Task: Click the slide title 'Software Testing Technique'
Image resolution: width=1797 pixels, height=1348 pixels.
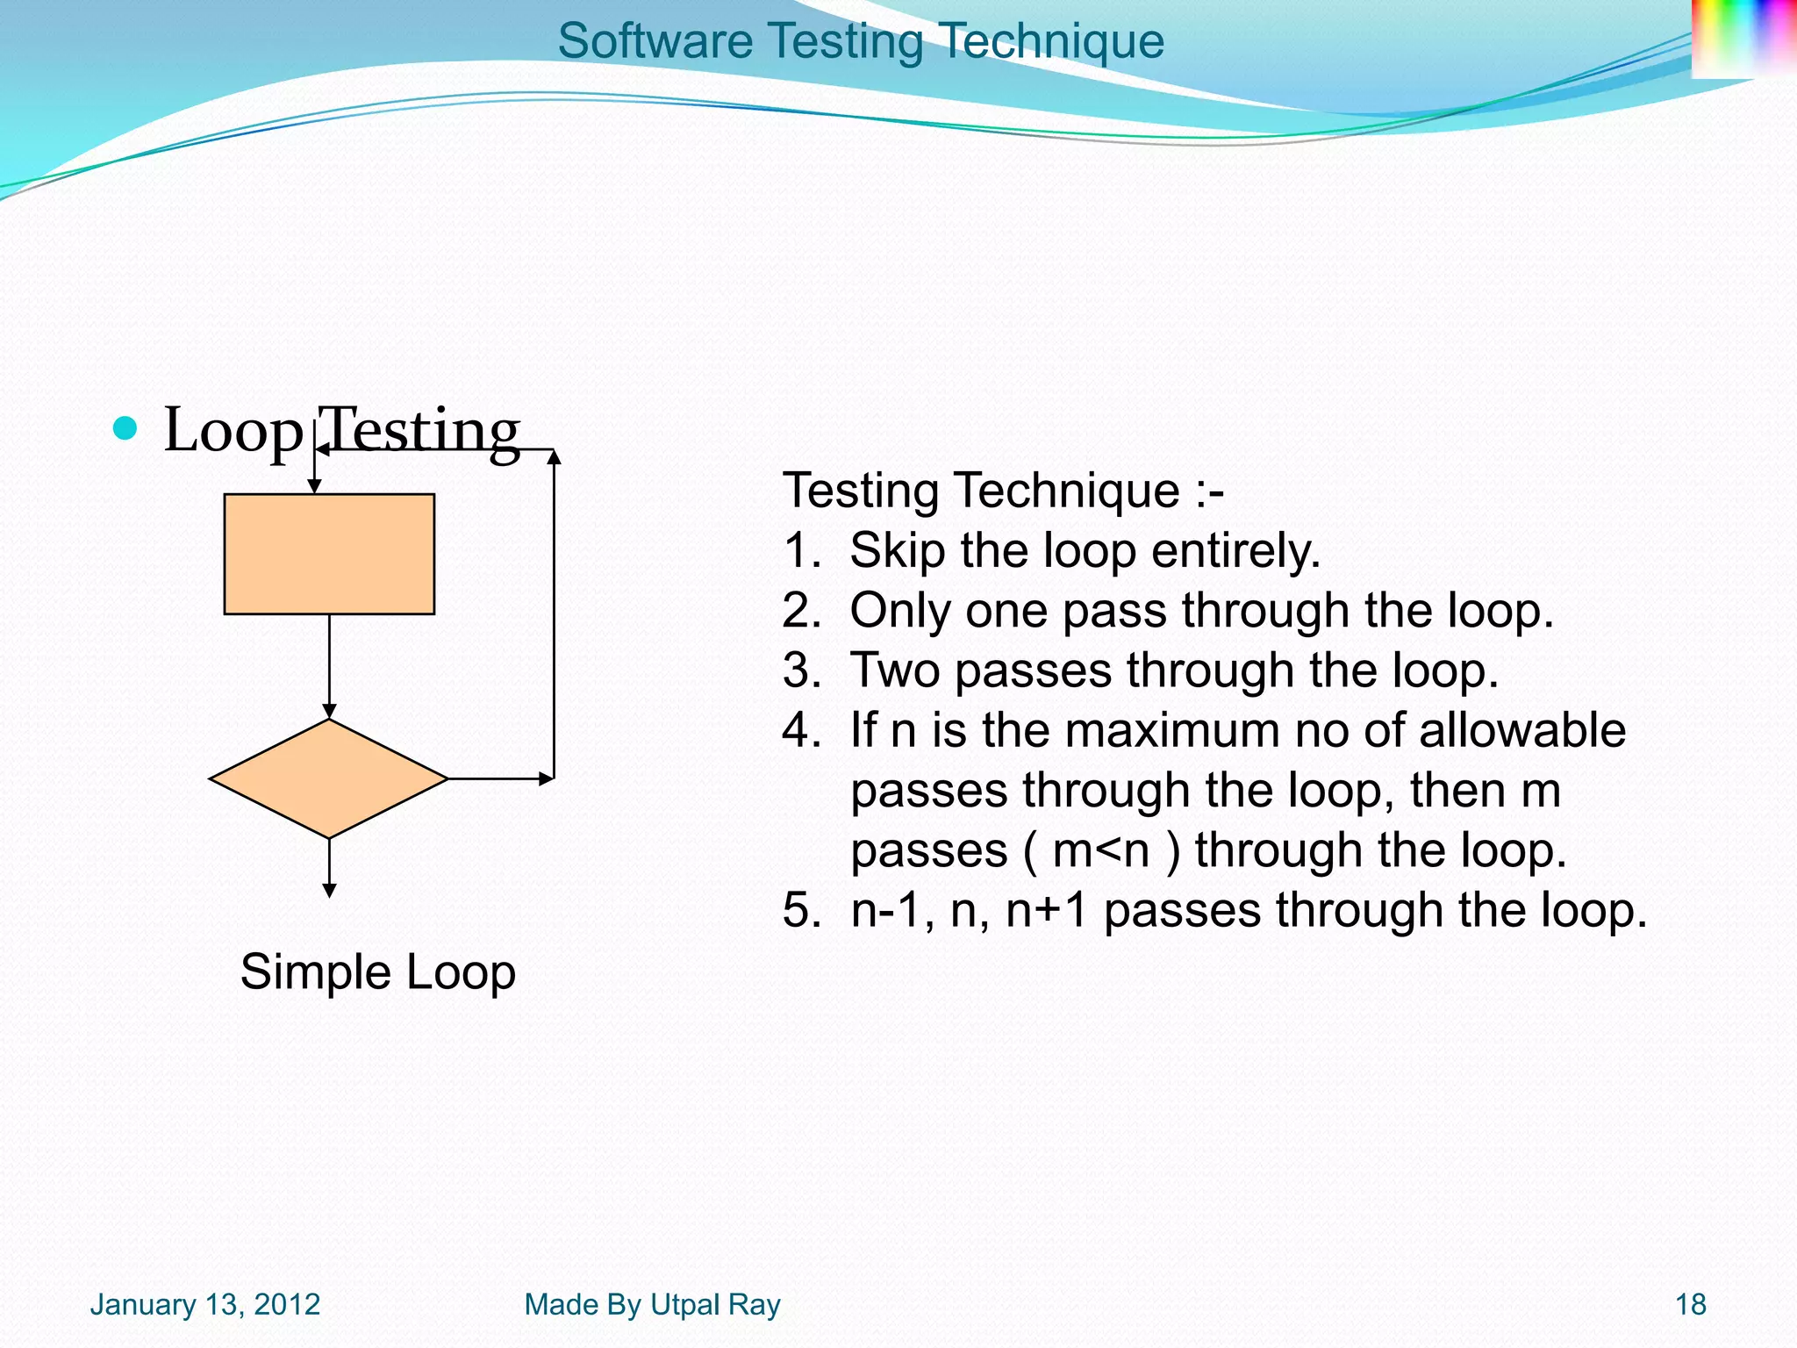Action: click(x=860, y=41)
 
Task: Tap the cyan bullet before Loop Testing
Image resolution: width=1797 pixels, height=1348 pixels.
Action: click(x=125, y=429)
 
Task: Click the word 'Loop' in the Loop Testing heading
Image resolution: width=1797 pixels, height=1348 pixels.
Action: click(x=233, y=431)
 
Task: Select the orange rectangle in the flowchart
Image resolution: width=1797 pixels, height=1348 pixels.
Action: click(x=329, y=554)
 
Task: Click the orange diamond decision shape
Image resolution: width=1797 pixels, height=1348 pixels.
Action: click(x=329, y=778)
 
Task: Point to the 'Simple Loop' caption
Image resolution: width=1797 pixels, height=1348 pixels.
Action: click(x=377, y=972)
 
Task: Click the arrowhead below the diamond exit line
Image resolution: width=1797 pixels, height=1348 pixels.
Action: click(x=329, y=890)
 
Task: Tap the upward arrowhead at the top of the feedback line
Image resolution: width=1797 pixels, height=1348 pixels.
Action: click(x=554, y=456)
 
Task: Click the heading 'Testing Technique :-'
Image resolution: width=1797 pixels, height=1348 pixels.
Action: click(x=1003, y=491)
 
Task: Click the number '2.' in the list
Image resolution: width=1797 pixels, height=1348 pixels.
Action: click(x=801, y=611)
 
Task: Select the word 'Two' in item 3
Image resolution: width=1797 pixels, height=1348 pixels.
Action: click(x=894, y=670)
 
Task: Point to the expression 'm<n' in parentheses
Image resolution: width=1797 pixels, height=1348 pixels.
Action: click(x=1100, y=850)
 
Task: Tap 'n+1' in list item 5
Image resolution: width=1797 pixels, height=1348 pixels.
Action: click(x=1046, y=910)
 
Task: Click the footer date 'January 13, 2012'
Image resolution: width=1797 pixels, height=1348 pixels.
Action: click(x=205, y=1305)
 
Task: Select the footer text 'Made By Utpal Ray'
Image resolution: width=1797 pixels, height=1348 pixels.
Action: click(x=652, y=1305)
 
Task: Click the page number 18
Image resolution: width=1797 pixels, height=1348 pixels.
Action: click(x=1690, y=1305)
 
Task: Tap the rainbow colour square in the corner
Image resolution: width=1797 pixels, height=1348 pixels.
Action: click(x=1742, y=38)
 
